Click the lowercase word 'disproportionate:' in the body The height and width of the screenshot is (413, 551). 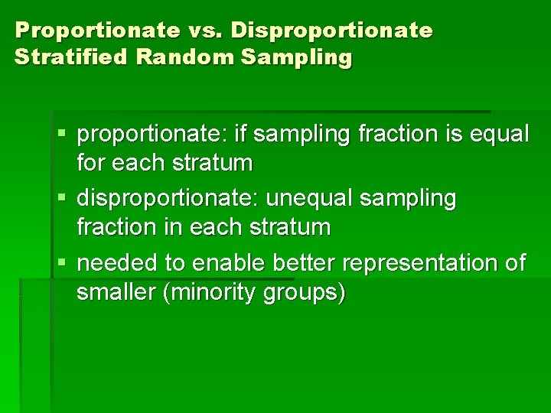[168, 199]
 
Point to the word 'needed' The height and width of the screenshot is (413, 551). [118, 263]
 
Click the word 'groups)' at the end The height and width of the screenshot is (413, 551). [305, 291]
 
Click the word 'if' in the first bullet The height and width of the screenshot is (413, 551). [242, 135]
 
